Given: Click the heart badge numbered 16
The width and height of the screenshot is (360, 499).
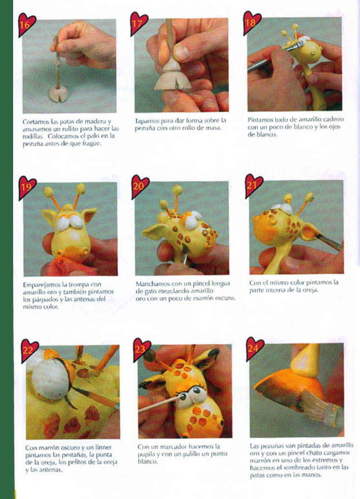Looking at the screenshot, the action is (26, 24).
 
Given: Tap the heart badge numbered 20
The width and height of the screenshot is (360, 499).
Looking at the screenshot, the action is (140, 186).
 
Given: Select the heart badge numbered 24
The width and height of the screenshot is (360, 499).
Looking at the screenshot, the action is (254, 348).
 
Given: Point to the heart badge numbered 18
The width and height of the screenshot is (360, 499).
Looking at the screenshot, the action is (251, 22).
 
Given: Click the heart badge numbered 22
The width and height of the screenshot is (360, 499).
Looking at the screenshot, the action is (29, 351).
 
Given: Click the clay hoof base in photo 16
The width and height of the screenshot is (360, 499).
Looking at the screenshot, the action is (58, 94).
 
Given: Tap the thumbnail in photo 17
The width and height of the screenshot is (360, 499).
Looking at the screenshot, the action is (182, 53).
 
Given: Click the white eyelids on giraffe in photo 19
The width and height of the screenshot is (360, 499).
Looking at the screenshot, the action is (70, 223).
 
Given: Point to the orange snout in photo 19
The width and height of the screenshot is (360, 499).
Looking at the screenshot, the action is (72, 248).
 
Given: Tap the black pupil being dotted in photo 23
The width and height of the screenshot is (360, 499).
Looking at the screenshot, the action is (183, 396).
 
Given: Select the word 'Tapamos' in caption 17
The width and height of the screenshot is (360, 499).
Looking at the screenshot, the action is (146, 121).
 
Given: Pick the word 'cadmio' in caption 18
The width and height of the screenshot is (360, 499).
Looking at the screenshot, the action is (333, 119).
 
